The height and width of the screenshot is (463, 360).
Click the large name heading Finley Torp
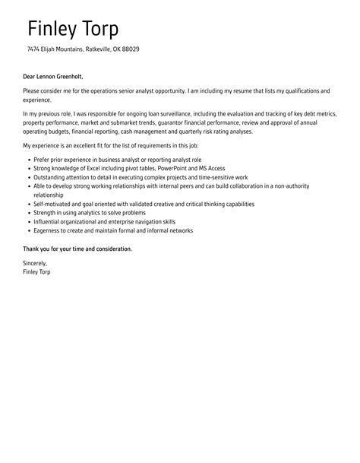tap(73, 29)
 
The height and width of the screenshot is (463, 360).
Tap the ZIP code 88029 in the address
tap(130, 49)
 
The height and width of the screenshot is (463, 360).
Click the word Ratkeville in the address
tap(93, 49)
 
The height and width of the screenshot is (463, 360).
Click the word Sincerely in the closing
tap(36, 263)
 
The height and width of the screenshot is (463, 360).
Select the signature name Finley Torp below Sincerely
tap(37, 271)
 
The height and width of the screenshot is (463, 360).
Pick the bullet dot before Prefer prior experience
tap(28, 159)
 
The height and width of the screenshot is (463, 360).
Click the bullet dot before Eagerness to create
tap(28, 230)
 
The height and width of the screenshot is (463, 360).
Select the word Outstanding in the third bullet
tap(51, 176)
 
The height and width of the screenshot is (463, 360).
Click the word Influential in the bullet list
tap(48, 221)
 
